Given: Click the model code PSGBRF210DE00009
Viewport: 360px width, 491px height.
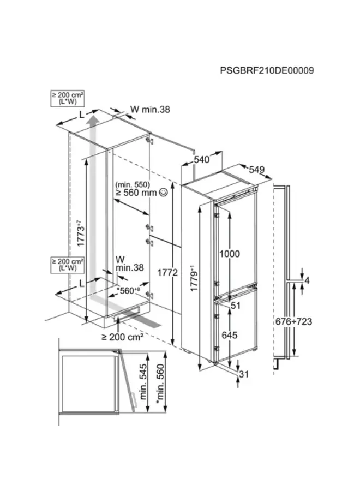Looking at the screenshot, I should [x=267, y=71].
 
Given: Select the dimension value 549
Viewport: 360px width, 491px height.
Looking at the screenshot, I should [x=256, y=170].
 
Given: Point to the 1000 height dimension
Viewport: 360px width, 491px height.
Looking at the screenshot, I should [x=230, y=253].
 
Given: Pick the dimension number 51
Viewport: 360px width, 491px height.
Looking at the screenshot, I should [x=235, y=306].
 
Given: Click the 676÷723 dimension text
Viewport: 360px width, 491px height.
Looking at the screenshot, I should [x=293, y=321].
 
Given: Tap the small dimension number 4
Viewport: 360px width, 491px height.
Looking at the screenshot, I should [x=307, y=281].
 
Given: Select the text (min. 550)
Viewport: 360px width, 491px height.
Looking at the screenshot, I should [x=132, y=184].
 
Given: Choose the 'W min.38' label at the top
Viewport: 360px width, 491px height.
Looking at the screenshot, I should [x=150, y=110].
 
